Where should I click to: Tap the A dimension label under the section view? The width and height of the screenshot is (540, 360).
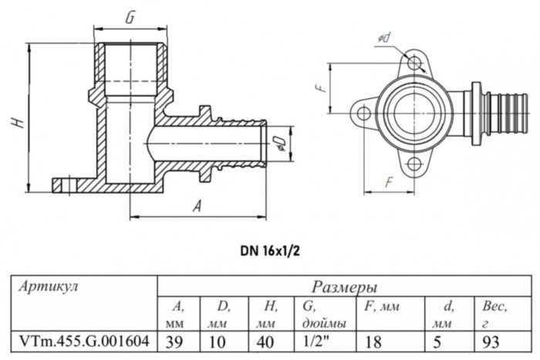tap(197, 207)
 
